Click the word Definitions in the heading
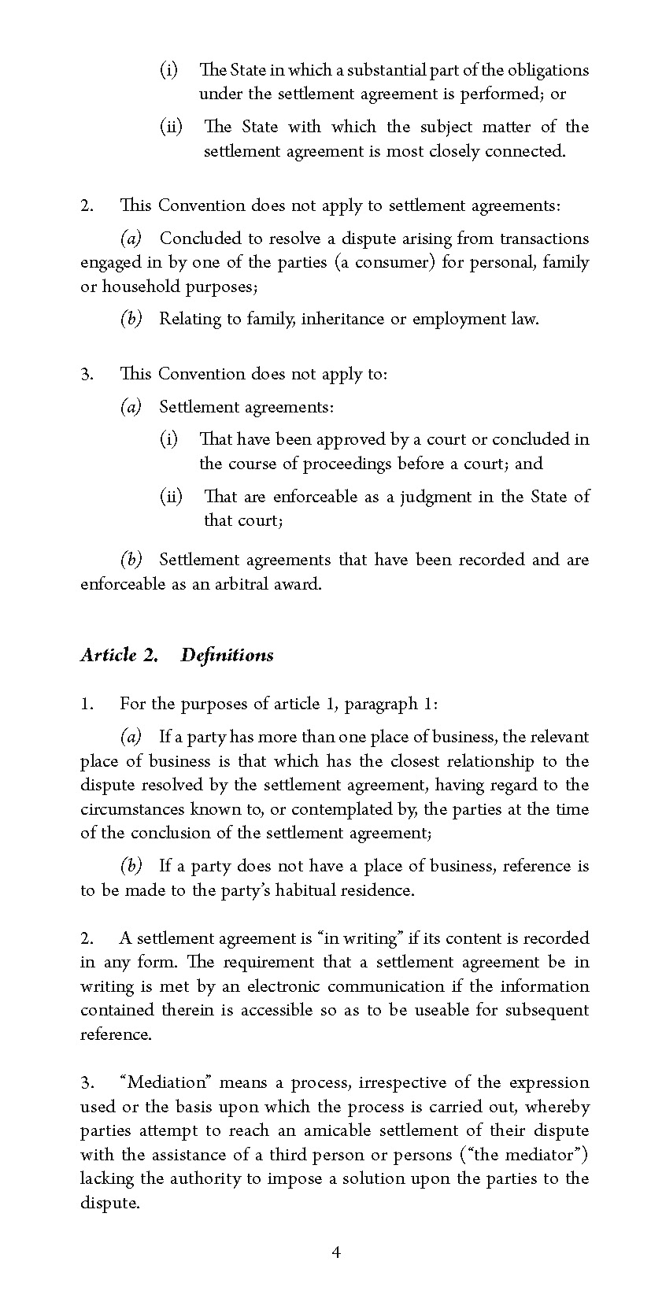tap(227, 655)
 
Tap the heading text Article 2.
tap(120, 655)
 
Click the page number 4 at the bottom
tap(336, 1252)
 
